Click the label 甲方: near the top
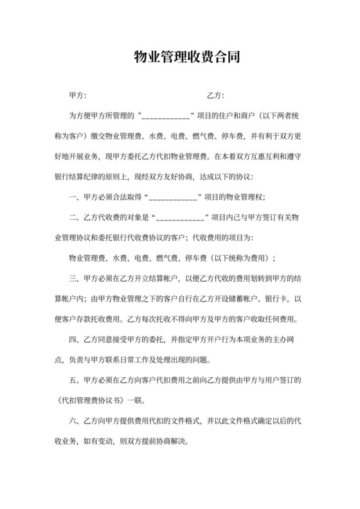pos(77,96)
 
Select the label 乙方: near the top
pos(215,96)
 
